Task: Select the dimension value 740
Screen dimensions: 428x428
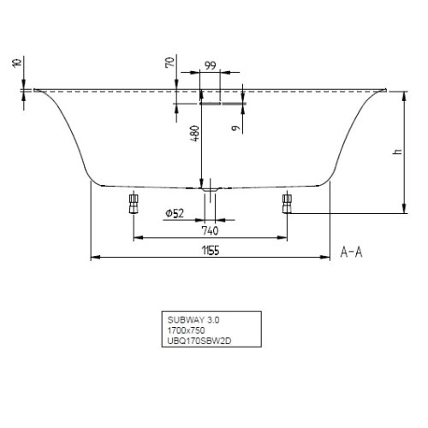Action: (x=210, y=229)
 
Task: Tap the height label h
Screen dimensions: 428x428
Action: (x=395, y=152)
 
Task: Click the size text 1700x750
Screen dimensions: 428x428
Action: (x=187, y=330)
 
